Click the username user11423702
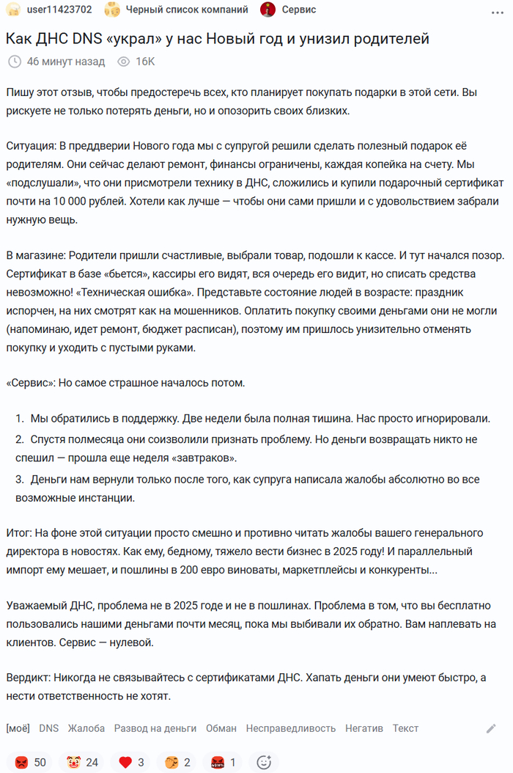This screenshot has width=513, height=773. (x=59, y=10)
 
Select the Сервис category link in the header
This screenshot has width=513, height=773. (x=299, y=10)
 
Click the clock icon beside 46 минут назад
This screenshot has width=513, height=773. (x=15, y=62)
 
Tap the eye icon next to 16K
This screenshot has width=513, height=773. (x=122, y=62)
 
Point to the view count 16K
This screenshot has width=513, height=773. (x=145, y=62)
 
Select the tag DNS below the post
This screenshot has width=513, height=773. (x=48, y=728)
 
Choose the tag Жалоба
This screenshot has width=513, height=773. (x=86, y=728)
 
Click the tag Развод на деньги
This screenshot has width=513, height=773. (x=155, y=728)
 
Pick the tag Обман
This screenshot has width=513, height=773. (x=221, y=728)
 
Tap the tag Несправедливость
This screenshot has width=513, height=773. (x=290, y=728)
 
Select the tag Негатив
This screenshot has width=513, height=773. (x=364, y=728)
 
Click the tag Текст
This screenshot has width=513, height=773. (x=405, y=728)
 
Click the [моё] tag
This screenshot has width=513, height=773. (x=18, y=728)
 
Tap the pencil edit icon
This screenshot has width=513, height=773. (x=491, y=728)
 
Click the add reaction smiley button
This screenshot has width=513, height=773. (x=264, y=762)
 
